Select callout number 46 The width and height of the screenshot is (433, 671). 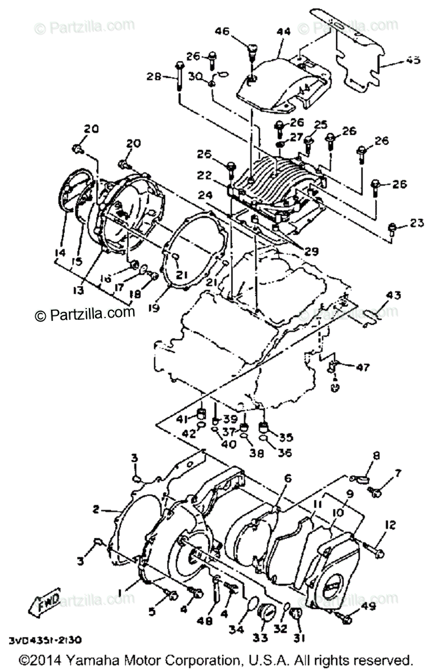click(x=223, y=32)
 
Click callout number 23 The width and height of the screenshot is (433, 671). click(x=416, y=224)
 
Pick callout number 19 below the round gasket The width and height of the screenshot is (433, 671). click(x=155, y=306)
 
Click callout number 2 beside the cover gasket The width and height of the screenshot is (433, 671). click(x=96, y=509)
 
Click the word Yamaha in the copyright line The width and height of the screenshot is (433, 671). click(x=93, y=660)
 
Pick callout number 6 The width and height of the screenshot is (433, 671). click(x=288, y=479)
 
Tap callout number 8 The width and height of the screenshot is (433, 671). click(x=376, y=456)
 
